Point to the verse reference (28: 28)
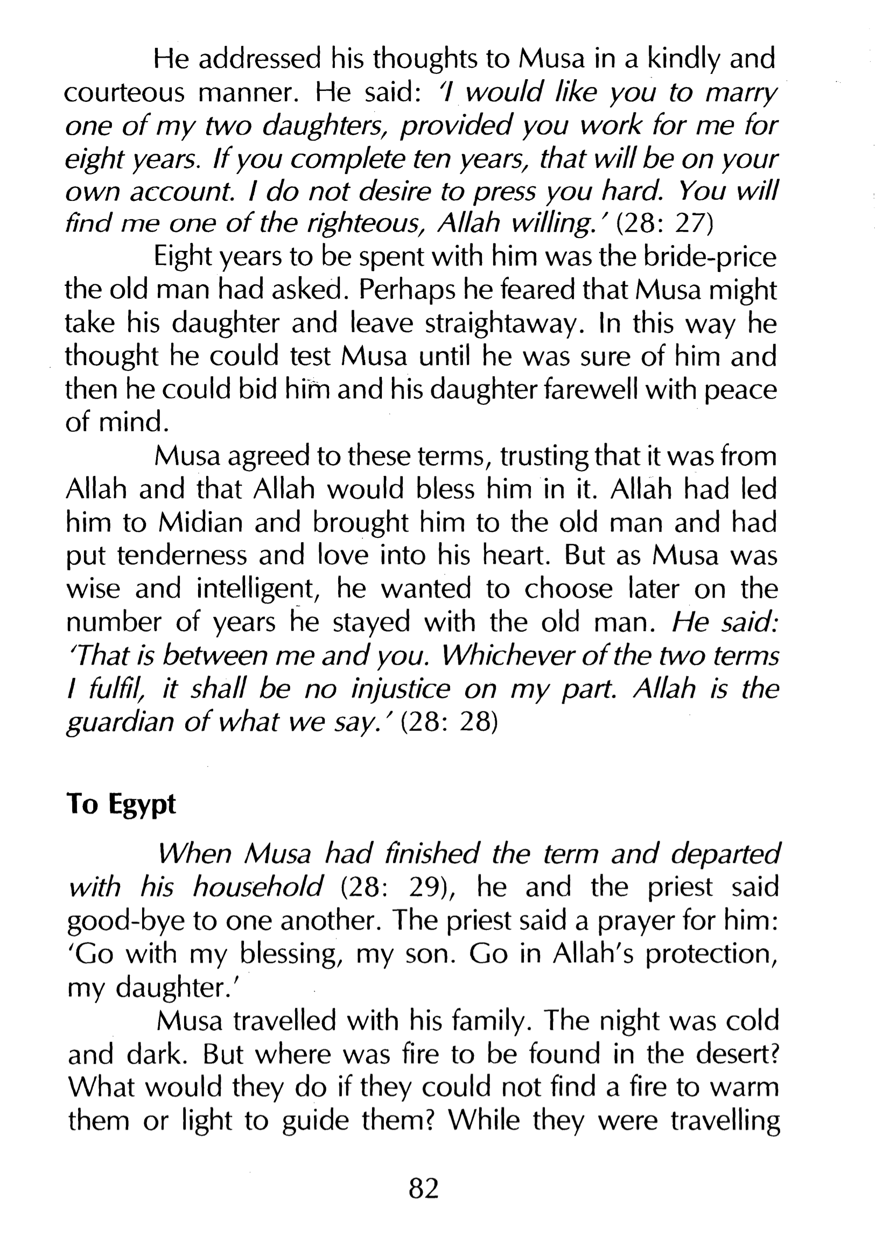coord(449,723)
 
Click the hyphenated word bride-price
coord(709,257)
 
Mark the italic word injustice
coord(400,689)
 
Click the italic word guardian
coord(120,723)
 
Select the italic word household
coord(258,888)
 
